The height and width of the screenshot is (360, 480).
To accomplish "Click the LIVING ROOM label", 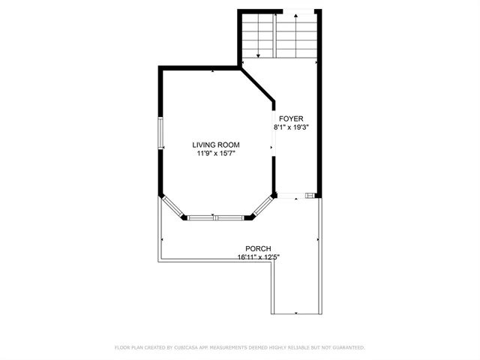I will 215,145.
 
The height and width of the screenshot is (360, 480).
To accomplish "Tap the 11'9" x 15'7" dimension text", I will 215,154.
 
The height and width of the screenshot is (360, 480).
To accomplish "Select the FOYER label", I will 291,118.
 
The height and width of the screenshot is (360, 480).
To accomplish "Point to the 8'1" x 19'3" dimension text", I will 291,127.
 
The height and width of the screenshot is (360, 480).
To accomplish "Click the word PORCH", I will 257,249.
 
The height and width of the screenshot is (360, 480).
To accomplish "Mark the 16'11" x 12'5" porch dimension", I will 257,257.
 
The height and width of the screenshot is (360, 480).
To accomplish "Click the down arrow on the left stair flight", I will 258,52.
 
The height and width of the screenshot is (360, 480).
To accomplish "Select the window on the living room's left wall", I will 160,133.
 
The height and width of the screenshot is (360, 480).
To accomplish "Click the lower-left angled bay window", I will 172,207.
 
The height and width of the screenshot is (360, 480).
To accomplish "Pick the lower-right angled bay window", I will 262,207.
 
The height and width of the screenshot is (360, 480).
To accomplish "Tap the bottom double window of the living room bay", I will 216,218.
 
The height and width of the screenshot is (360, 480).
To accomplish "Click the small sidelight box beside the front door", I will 310,196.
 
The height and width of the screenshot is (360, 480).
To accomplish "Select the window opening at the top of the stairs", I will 298,11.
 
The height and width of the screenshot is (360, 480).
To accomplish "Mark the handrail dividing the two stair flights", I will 274,36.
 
